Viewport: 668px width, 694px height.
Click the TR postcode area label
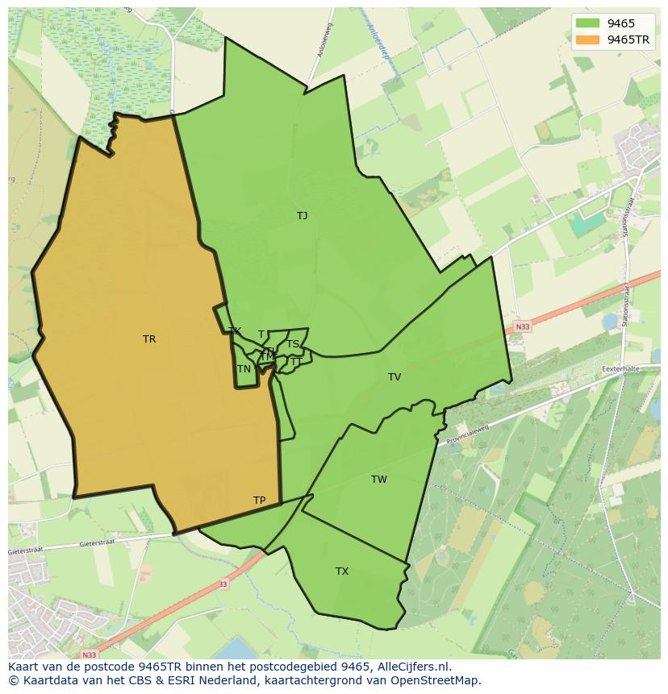[x=149, y=339]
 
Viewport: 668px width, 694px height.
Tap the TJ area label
[x=302, y=216]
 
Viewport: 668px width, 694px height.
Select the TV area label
[x=395, y=377]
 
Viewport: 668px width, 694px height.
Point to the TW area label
[x=379, y=480]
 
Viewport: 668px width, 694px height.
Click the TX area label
[x=342, y=571]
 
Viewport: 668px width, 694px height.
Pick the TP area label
[x=259, y=501]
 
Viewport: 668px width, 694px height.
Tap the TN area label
[x=244, y=369]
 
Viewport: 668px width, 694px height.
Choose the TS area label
[x=293, y=344]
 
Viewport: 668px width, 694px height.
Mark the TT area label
[x=295, y=362]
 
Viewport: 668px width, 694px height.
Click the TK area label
[x=235, y=331]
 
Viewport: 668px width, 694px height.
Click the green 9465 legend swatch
[x=587, y=23]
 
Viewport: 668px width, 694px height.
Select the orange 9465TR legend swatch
[x=587, y=39]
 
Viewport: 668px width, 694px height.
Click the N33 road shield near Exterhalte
[x=522, y=326]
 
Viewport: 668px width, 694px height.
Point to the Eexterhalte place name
[x=620, y=369]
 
